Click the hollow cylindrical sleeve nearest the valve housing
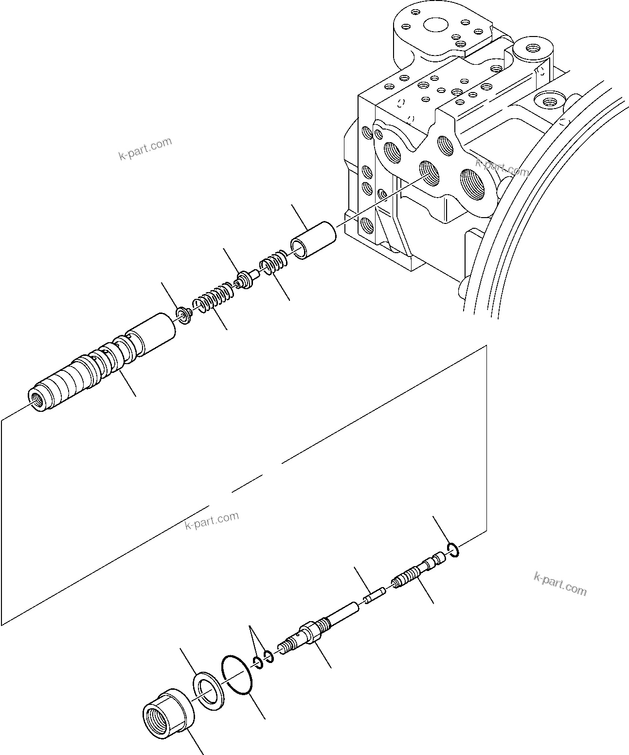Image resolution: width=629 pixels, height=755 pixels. (x=314, y=241)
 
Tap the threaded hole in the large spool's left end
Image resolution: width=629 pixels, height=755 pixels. (x=36, y=397)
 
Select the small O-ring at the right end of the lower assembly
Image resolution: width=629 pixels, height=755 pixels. (x=452, y=550)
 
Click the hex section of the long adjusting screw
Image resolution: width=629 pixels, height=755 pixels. (x=310, y=632)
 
